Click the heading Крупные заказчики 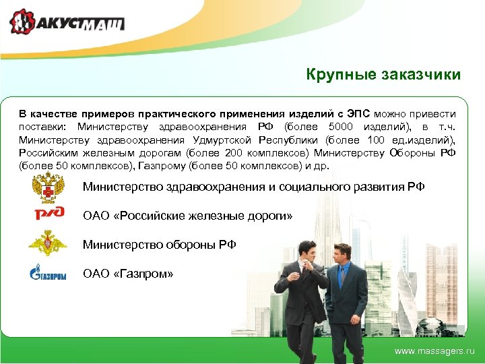(x=383, y=74)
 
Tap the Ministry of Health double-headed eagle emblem (x=48, y=186)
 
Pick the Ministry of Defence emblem (x=48, y=243)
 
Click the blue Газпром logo (x=47, y=273)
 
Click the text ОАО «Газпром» (x=128, y=274)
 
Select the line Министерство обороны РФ (x=159, y=244)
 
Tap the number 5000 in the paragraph (x=340, y=127)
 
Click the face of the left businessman (x=306, y=251)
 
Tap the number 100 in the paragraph (x=379, y=140)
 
